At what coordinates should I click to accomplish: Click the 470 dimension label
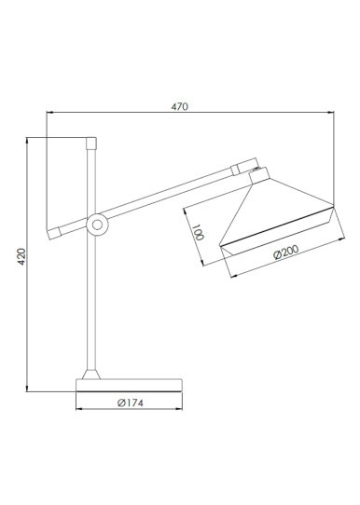[x=179, y=106]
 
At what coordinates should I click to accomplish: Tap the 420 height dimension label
[x=21, y=256]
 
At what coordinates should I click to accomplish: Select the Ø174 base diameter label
[x=131, y=403]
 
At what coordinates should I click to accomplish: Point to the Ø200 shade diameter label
[x=286, y=252]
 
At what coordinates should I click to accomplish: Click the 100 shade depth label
[x=198, y=232]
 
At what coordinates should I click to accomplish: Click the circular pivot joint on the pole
[x=97, y=225]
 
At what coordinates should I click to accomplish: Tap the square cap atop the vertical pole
[x=91, y=143]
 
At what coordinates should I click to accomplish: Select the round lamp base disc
[x=129, y=385]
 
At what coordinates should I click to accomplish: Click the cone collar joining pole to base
[x=91, y=375]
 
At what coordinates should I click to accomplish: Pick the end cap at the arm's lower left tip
[x=54, y=233]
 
